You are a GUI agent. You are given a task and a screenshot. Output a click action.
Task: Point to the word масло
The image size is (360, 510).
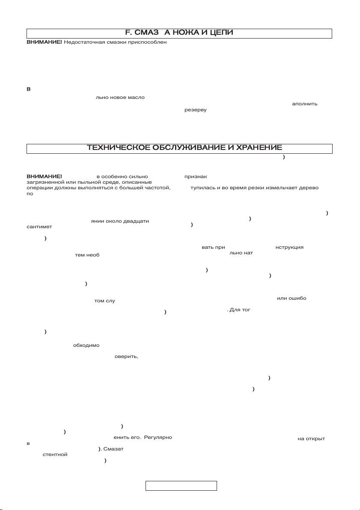135,97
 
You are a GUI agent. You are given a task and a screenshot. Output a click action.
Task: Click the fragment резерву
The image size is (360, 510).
195,110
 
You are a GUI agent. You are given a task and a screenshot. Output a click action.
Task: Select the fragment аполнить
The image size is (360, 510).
304,104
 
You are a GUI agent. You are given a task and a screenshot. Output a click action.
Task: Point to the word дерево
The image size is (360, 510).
307,188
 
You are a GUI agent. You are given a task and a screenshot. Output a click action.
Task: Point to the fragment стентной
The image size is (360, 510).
55,455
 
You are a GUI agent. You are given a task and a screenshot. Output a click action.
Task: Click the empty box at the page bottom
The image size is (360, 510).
181,486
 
